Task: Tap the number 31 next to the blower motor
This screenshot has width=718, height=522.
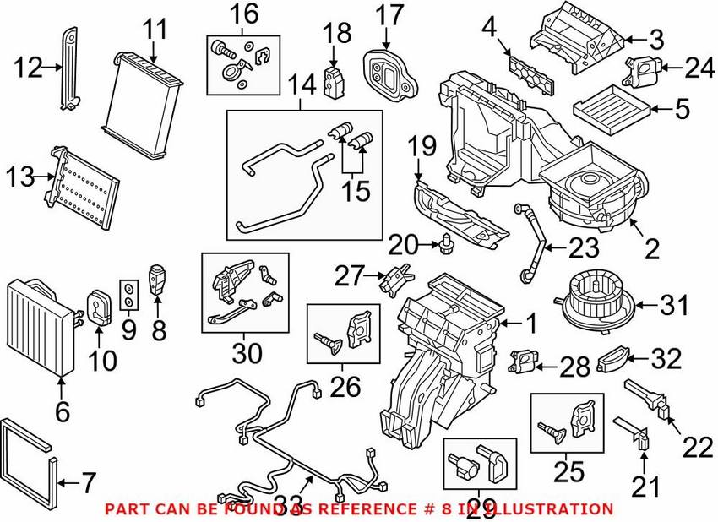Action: (x=674, y=305)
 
